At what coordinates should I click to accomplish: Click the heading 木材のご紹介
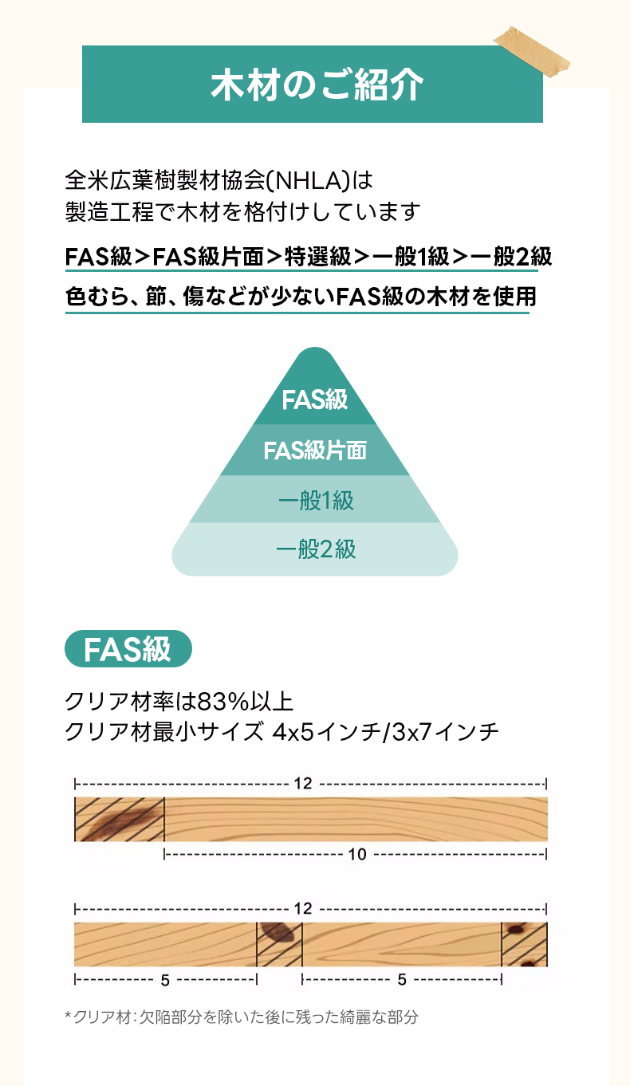pos(317,85)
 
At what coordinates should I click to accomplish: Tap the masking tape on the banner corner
pos(532,51)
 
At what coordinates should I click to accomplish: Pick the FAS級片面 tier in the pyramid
pos(315,450)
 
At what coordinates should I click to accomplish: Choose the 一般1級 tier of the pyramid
pos(315,499)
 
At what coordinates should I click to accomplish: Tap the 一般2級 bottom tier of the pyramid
pos(315,549)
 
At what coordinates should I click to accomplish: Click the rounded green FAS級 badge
pos(128,649)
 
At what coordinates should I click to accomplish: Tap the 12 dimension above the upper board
pos(303,784)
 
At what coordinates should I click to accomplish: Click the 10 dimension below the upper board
pos(357,854)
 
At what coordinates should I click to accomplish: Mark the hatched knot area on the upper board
pos(120,820)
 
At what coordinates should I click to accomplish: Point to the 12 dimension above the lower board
pos(303,908)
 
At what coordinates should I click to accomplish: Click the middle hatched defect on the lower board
pos(279,944)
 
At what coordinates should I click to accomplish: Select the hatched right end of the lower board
pos(524,944)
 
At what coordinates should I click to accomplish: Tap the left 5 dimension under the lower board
pos(165,980)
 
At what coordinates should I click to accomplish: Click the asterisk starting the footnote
pos(68,1014)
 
